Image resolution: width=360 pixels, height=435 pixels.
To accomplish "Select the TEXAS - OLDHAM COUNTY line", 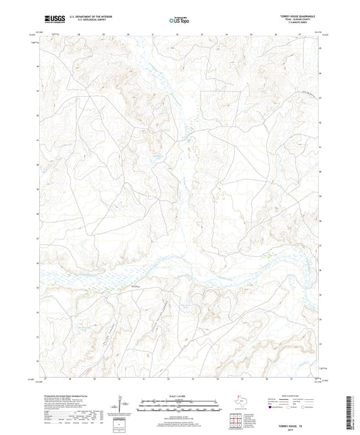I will click(305, 19).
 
